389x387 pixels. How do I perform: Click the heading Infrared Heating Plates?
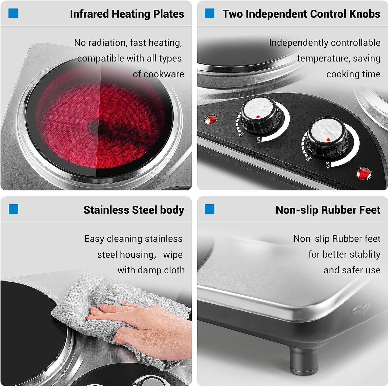click(127, 14)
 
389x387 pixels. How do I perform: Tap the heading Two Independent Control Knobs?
click(301, 14)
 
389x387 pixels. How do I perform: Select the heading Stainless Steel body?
click(134, 210)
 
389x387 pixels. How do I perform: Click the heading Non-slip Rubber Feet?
click(328, 210)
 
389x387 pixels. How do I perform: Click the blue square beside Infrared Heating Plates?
click(13, 13)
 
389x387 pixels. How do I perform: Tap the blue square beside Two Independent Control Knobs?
click(209, 13)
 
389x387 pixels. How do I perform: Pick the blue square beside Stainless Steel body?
click(13, 209)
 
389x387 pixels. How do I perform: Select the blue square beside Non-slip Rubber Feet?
click(209, 209)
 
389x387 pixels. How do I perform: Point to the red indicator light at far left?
click(210, 120)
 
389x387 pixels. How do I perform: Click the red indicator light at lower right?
click(364, 173)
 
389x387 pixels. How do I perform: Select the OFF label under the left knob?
click(242, 134)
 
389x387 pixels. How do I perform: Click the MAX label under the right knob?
click(327, 165)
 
